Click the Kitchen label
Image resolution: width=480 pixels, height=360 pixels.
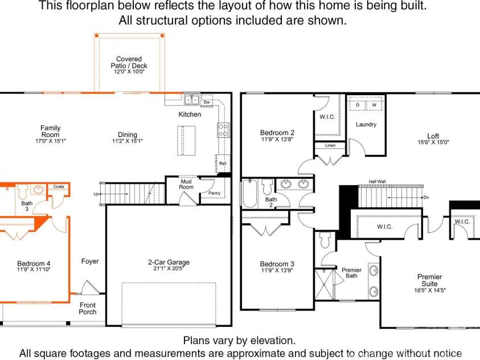pyautogui.click(x=190, y=114)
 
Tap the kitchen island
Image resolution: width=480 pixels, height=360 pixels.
pyautogui.click(x=186, y=141)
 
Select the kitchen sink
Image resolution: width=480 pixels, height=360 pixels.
pyautogui.click(x=192, y=100)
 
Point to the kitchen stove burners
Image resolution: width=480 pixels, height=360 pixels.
pyautogui.click(x=223, y=130)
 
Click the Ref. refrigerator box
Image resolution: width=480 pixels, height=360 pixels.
pyautogui.click(x=223, y=163)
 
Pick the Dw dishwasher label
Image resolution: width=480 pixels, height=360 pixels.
pyautogui.click(x=207, y=102)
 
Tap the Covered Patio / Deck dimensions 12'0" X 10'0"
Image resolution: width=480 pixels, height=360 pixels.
pyautogui.click(x=129, y=72)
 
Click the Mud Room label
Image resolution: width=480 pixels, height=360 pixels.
pyautogui.click(x=186, y=185)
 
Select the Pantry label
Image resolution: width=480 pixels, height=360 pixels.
pyautogui.click(x=214, y=193)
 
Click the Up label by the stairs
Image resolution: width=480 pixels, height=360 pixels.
pyautogui.click(x=96, y=194)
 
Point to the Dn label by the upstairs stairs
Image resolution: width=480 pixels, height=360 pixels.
pyautogui.click(x=426, y=198)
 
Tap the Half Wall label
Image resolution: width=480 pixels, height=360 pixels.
pyautogui.click(x=377, y=182)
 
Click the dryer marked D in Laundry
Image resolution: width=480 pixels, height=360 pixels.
pyautogui.click(x=358, y=105)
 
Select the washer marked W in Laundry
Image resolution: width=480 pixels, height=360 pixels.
pyautogui.click(x=374, y=105)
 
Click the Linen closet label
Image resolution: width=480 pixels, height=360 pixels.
pyautogui.click(x=330, y=145)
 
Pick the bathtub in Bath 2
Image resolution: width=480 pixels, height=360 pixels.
pyautogui.click(x=250, y=194)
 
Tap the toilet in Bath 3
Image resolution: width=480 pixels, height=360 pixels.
pyautogui.click(x=23, y=191)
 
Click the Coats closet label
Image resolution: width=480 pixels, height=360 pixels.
pyautogui.click(x=59, y=186)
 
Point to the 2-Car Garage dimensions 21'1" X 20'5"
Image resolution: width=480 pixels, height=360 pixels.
pyautogui.click(x=169, y=268)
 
